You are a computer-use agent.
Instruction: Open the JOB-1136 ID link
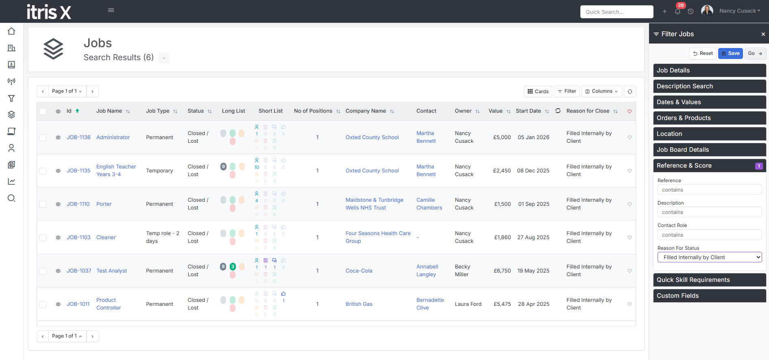click(x=78, y=137)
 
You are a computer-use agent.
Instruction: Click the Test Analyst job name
click(x=111, y=271)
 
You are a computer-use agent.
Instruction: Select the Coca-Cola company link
click(x=359, y=271)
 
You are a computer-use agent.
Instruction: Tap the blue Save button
click(x=730, y=53)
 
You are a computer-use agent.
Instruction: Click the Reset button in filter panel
click(x=703, y=53)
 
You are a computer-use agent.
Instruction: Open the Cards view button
click(x=538, y=92)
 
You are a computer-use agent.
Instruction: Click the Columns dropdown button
click(x=601, y=92)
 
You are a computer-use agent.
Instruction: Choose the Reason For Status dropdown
click(x=710, y=257)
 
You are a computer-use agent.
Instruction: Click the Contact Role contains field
click(x=710, y=235)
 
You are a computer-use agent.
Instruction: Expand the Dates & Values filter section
click(x=710, y=102)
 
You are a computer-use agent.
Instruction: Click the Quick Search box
click(x=617, y=12)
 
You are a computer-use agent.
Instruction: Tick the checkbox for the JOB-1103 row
click(x=43, y=238)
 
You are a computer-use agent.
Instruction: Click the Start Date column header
click(x=528, y=111)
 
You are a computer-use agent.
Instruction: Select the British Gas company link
click(x=359, y=304)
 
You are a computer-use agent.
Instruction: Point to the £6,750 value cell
click(x=502, y=271)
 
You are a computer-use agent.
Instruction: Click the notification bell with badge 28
click(x=678, y=11)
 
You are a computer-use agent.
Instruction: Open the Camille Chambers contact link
click(x=429, y=204)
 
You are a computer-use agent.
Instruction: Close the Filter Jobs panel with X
click(x=763, y=34)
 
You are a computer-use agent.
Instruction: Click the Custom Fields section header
click(x=710, y=296)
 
